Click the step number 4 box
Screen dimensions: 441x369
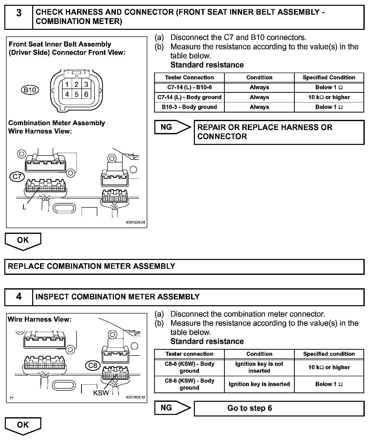[x=19, y=297]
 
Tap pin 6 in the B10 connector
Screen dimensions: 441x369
[x=86, y=94]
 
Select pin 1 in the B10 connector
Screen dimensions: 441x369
[x=67, y=84]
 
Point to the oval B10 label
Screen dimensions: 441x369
[x=30, y=90]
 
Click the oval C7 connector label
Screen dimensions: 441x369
[x=17, y=176]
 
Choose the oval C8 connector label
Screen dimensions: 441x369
[x=93, y=365]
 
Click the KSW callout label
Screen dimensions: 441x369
[x=101, y=393]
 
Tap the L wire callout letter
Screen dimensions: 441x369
[x=24, y=207]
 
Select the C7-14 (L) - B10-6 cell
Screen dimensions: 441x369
[x=189, y=87]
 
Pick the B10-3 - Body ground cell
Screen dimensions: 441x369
[x=189, y=107]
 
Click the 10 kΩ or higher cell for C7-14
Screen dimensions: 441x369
[x=329, y=97]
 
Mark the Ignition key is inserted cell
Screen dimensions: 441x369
[x=259, y=384]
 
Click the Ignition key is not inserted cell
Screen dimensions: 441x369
[x=259, y=367]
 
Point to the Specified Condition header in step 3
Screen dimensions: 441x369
[x=329, y=78]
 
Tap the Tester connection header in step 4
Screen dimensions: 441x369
[x=189, y=354]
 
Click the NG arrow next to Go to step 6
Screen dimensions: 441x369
[x=172, y=408]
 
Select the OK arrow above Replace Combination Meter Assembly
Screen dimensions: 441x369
[x=23, y=241]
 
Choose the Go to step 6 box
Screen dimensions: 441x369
[x=279, y=408]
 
